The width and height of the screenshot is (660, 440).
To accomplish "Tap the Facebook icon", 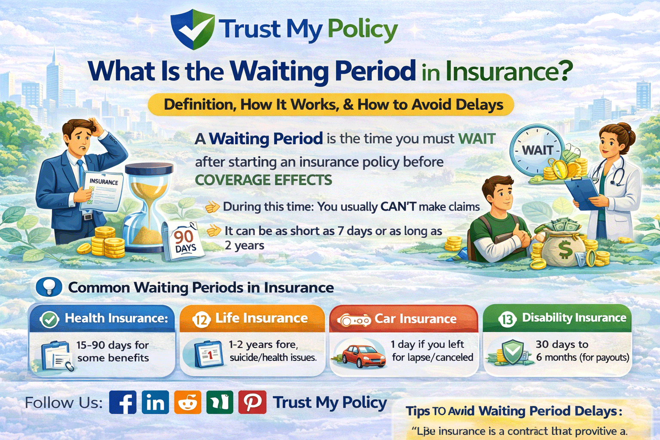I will tap(123, 402).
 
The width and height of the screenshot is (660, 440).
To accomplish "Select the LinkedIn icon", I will tap(155, 402).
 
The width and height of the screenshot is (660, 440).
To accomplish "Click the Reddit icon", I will tap(187, 402).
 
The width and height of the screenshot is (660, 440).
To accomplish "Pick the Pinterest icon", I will tap(252, 402).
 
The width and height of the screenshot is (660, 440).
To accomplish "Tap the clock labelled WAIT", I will tap(538, 150).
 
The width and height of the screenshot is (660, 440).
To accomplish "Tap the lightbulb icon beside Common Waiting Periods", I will tap(49, 287).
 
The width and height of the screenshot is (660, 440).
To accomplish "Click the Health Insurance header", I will tap(116, 318).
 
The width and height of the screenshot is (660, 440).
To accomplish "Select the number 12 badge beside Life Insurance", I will tap(201, 320).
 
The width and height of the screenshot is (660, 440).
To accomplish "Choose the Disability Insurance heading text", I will tap(574, 318).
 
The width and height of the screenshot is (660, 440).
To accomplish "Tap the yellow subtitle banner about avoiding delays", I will tap(331, 105).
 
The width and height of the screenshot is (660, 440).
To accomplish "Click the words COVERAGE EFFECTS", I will tap(263, 180).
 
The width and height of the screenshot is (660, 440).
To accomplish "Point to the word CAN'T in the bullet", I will tap(398, 207).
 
